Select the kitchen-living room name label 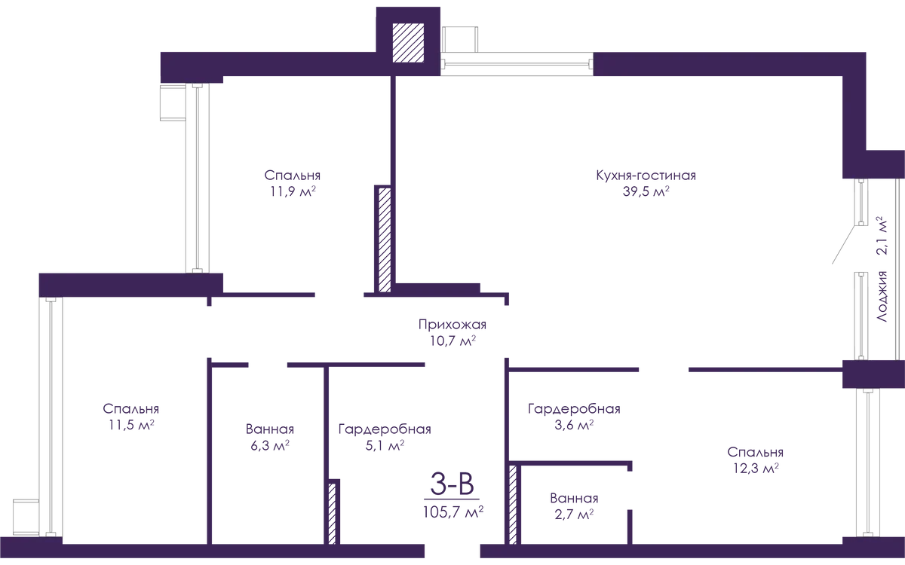[646, 177]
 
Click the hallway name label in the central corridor [452, 326]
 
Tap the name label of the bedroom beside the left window [130, 410]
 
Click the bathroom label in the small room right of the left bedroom [268, 429]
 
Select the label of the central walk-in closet [385, 430]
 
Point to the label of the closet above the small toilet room [573, 410]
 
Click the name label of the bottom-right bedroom [757, 453]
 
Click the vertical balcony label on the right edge [879, 237]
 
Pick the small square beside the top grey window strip [462, 38]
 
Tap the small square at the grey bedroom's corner [170, 103]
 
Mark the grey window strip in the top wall [517, 63]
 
